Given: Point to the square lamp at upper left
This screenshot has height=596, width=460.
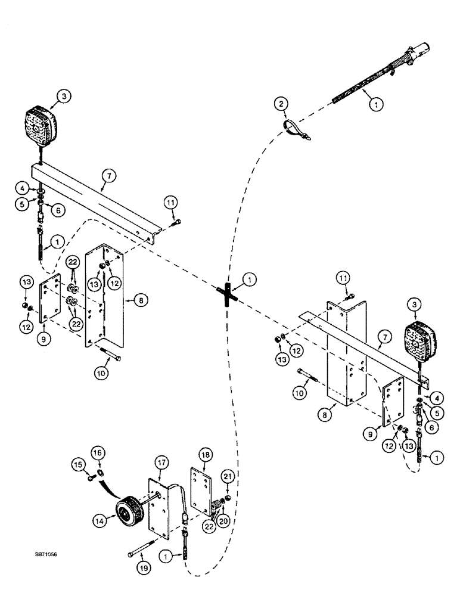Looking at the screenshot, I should click(x=41, y=128).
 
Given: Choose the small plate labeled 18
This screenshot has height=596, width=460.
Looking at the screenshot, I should click(x=200, y=490).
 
